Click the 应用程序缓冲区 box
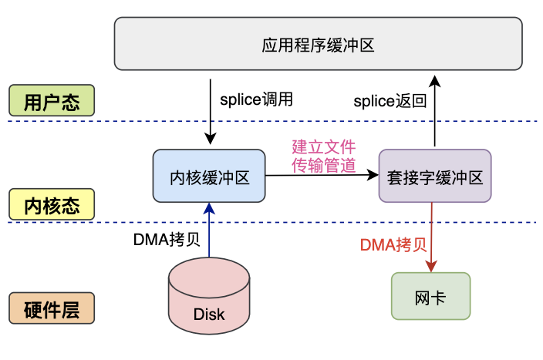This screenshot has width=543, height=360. point(317,45)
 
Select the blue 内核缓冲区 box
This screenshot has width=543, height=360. point(209,177)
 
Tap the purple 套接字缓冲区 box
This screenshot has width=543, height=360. point(434,177)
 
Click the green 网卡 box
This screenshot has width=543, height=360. point(430,296)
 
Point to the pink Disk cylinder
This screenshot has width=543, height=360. point(209,297)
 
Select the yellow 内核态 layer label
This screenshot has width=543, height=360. point(51,204)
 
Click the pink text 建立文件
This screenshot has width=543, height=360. point(323,146)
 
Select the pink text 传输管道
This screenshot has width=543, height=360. point(323,164)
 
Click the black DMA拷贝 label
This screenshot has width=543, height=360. point(167,239)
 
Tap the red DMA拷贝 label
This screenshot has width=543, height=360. point(393,245)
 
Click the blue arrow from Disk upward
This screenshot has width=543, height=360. point(209,231)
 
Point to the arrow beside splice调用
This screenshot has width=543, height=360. point(210,108)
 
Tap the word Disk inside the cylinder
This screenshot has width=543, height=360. point(209,314)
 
